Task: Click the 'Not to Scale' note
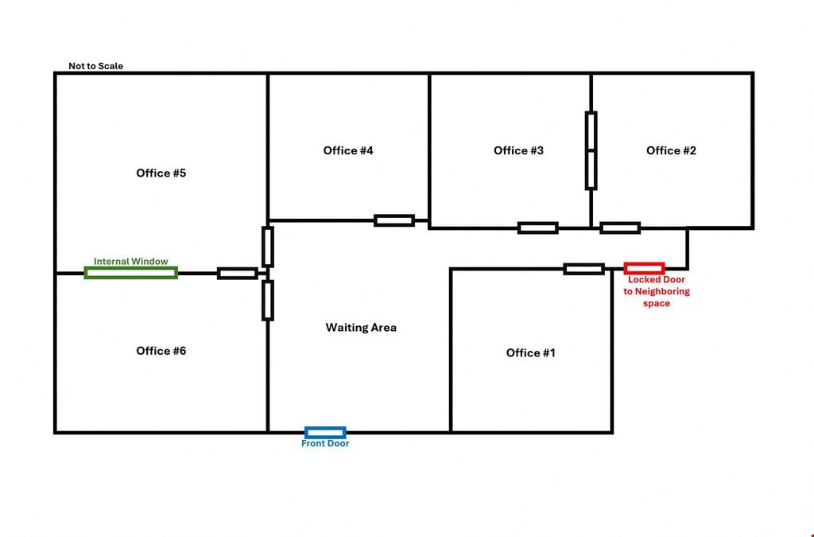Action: point(96,66)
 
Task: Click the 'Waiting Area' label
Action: point(361,328)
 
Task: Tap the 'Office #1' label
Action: point(530,353)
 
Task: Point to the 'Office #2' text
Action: point(671,150)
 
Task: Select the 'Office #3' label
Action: point(518,150)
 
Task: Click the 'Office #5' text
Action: point(161,173)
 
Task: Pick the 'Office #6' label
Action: point(161,351)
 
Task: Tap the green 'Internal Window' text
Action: point(131,261)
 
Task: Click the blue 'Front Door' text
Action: point(325,443)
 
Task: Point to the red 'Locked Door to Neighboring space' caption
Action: point(656,291)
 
